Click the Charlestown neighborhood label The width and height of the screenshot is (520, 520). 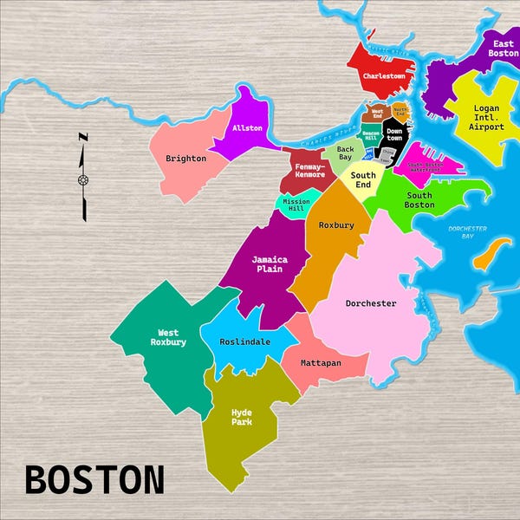pos(384,76)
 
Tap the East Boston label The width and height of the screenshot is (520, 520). pos(503,49)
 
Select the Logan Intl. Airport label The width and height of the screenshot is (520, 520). pos(486,118)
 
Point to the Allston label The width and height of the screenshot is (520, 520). pos(247,129)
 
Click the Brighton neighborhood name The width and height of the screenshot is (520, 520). pos(185,159)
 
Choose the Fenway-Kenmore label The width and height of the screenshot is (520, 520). pos(309,170)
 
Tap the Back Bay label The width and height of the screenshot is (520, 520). pos(345,153)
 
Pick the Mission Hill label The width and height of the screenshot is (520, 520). pos(296,205)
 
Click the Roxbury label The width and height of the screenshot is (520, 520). pos(336,225)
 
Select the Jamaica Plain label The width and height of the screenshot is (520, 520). pos(270,263)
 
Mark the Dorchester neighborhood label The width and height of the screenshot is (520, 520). pos(371,303)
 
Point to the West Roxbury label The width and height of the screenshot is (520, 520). pos(168,337)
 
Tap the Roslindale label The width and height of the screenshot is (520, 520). pos(245,341)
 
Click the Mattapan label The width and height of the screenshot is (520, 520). pos(321,363)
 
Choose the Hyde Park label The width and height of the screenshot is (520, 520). pos(241,417)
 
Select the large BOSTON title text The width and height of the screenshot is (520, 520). pos(94,479)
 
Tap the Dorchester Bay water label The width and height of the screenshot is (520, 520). pos(467,232)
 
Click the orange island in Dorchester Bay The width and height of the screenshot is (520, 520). pos(491,254)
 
